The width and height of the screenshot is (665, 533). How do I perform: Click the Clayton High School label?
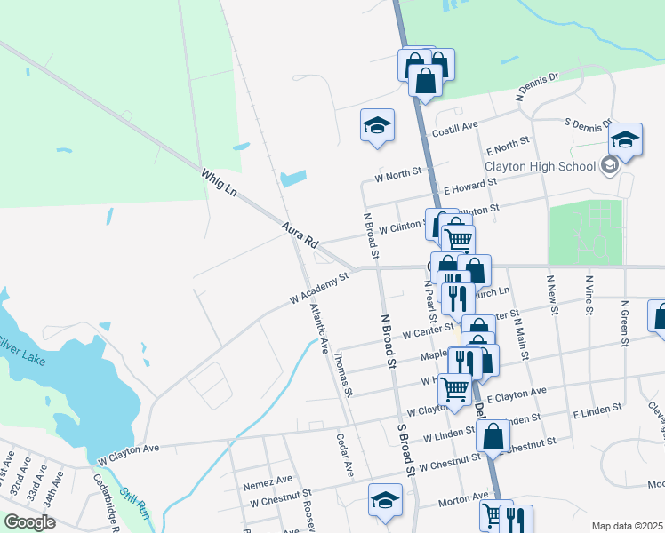tap(540, 166)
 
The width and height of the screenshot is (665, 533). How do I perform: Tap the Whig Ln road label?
tap(220, 183)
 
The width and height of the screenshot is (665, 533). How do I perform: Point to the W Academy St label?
tap(317, 290)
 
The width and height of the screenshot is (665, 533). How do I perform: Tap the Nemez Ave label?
tap(268, 481)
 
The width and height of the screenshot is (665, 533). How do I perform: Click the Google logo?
tap(29, 522)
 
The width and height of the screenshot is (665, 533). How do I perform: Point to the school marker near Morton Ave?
tap(385, 499)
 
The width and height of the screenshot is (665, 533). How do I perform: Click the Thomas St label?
tap(343, 374)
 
